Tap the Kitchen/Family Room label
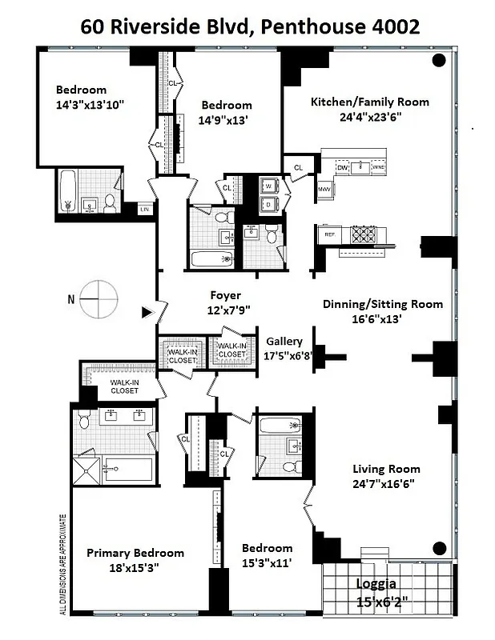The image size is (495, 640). point(369,102)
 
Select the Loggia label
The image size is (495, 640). point(375,584)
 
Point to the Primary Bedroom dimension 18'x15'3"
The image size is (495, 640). point(135,570)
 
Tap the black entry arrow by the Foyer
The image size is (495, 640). point(147,312)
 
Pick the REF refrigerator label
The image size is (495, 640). point(329,235)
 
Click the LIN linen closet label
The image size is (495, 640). point(145,209)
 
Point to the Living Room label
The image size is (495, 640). point(386,469)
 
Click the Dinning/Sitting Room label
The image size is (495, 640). point(382,304)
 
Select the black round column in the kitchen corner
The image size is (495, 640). point(439,60)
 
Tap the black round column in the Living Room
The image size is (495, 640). point(439,548)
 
